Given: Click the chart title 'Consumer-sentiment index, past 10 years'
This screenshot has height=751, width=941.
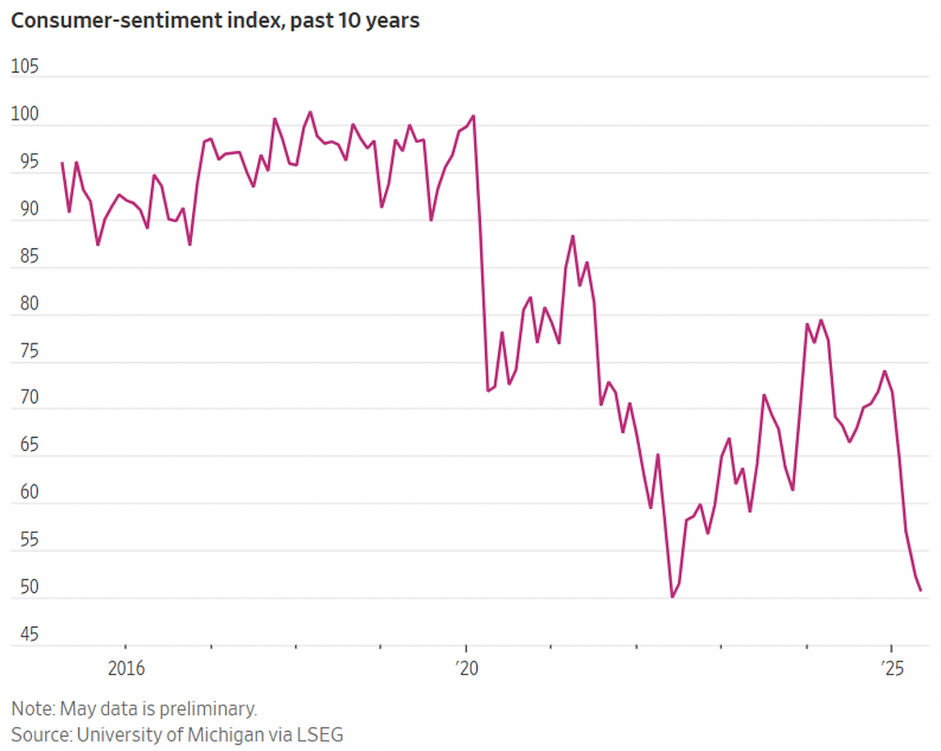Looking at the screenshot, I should point(215,21).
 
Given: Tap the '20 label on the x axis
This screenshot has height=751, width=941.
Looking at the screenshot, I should point(466,668).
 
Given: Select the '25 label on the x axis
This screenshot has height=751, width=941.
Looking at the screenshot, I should point(891,668).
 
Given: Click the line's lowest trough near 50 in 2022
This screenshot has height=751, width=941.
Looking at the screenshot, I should point(672,597).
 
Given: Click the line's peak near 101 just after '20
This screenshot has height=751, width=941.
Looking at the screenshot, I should point(473,116).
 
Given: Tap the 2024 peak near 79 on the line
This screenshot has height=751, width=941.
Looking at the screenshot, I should point(821,320).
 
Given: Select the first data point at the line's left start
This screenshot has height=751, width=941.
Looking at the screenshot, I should point(62,163).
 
